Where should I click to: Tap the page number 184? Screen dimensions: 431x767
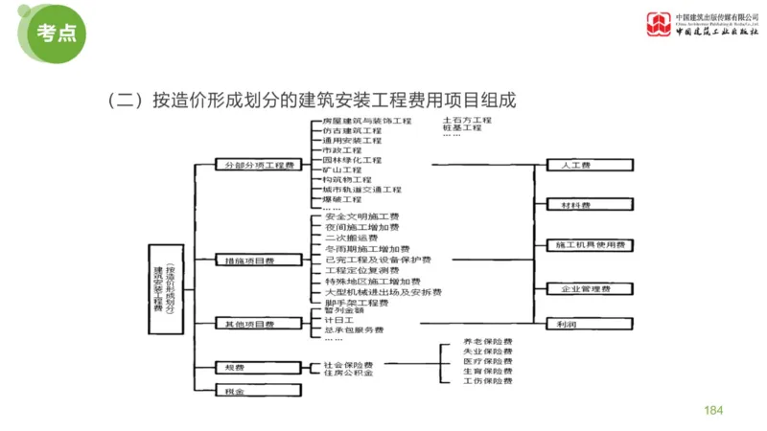click(x=712, y=410)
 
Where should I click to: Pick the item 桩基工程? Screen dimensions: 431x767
click(x=462, y=127)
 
